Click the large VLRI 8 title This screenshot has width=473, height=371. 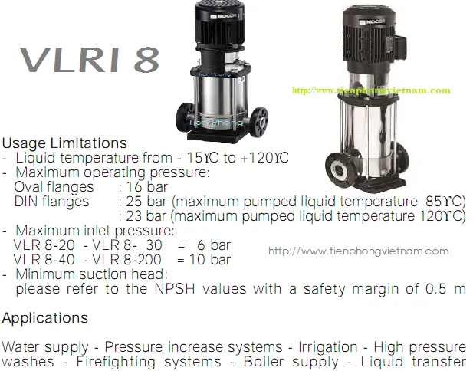coord(90,60)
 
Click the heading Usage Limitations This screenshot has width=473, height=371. coord(64,143)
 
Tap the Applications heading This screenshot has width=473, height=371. coord(45,318)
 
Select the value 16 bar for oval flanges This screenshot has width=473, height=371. coord(147,187)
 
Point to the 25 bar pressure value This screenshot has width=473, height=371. coord(146,201)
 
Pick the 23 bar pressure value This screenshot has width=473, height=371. coord(146,216)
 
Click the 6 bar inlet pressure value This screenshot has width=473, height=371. coord(214,245)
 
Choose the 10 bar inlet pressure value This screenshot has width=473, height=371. coord(210,259)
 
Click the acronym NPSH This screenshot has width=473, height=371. coord(175,289)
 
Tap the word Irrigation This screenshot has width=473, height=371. coord(328,347)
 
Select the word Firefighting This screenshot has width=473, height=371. coord(116,362)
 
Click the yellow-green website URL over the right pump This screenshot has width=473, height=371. coord(371,90)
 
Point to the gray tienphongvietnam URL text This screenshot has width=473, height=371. coord(358,251)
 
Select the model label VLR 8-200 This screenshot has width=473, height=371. coord(126,259)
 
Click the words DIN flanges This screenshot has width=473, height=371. coord(51,201)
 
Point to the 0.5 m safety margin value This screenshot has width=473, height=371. coord(445,289)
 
